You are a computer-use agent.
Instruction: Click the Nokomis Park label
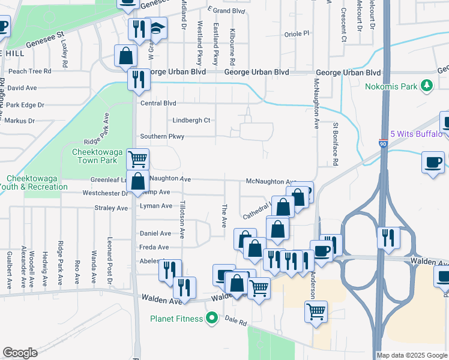(x=391, y=86)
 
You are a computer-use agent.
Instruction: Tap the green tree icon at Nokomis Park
(x=427, y=86)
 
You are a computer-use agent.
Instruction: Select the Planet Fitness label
(x=176, y=318)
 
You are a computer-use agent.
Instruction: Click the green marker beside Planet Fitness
(x=211, y=318)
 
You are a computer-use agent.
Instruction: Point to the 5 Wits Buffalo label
(x=417, y=134)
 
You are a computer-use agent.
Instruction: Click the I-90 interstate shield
(x=383, y=144)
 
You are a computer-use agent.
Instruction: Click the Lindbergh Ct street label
(x=191, y=120)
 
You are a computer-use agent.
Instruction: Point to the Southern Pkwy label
(x=162, y=137)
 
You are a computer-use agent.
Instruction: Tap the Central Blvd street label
(x=158, y=103)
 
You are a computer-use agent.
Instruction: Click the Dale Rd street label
(x=236, y=322)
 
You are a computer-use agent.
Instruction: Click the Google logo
(x=20, y=353)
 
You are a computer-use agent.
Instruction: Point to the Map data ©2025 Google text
(x=412, y=355)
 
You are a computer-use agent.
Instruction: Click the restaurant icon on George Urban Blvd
(x=139, y=79)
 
